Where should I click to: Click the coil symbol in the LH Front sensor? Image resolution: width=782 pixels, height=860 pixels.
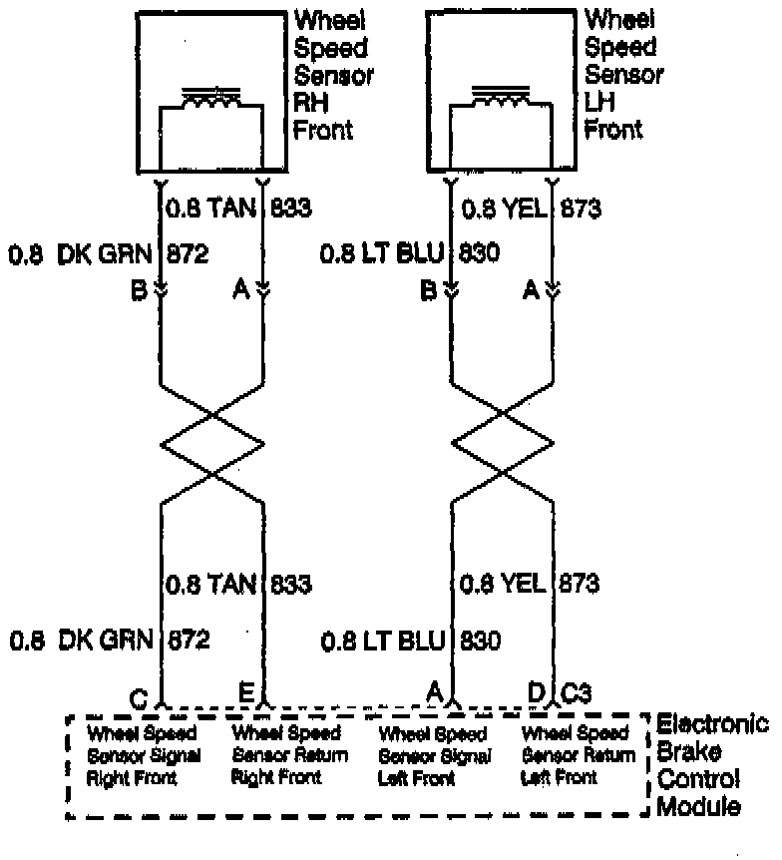500,100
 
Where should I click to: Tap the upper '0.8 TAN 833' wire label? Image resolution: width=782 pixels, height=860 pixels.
237,209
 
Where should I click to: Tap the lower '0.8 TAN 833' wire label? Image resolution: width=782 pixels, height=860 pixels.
237,584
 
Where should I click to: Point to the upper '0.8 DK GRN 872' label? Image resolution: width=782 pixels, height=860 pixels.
109,253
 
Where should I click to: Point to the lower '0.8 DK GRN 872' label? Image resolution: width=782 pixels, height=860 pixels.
109,640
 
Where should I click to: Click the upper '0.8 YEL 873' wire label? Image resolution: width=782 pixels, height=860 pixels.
529,209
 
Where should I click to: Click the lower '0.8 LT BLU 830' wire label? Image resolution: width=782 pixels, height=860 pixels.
410,640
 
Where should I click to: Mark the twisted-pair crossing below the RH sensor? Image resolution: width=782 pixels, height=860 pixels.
212,439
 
